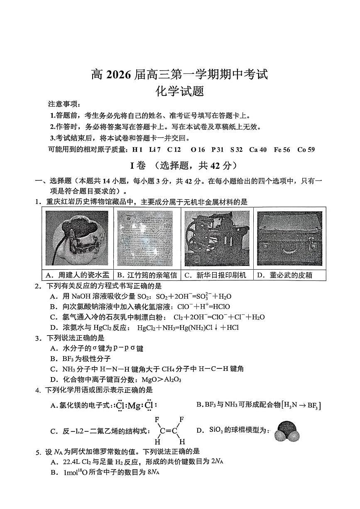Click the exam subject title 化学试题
(179, 91)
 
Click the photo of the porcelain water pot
(77, 238)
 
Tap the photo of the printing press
(217, 238)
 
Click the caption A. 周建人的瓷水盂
(77, 275)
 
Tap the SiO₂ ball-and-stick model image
(287, 431)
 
